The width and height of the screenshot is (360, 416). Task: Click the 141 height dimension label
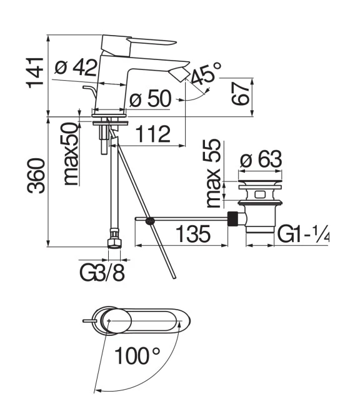tap(35, 72)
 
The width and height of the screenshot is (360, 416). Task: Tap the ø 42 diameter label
tap(76, 67)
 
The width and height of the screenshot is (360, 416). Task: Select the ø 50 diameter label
tap(150, 98)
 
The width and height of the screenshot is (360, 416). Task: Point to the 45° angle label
tap(206, 73)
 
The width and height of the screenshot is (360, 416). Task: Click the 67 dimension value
tap(241, 93)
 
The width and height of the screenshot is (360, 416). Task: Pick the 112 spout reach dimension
tap(153, 134)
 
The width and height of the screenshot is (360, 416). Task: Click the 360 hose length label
tap(36, 175)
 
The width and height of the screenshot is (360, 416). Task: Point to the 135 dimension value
tap(193, 234)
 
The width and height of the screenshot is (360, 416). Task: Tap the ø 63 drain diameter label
tap(261, 160)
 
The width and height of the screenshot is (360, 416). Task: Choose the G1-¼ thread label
tap(303, 234)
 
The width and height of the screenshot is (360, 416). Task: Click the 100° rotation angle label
tap(137, 355)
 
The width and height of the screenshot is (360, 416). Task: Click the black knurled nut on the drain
tap(232, 218)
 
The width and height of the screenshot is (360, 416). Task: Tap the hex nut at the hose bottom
tap(114, 243)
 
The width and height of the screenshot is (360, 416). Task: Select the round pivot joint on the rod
tap(150, 221)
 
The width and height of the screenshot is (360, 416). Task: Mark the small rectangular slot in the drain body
tap(260, 195)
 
